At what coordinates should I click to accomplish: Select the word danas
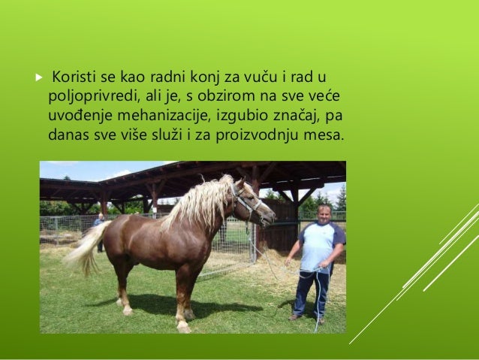68,136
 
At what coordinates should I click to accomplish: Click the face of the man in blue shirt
323,214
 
